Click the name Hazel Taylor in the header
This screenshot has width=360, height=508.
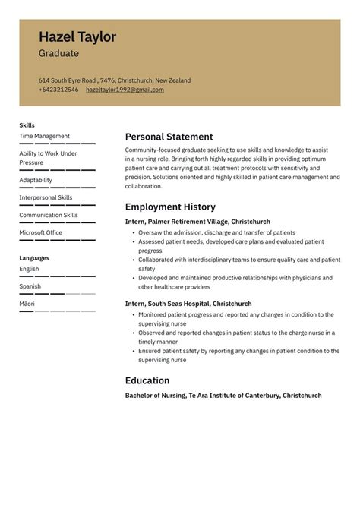click(77, 37)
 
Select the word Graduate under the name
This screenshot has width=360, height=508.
click(58, 54)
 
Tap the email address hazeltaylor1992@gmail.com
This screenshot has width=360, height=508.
click(125, 90)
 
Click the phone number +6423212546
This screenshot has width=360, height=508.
click(58, 90)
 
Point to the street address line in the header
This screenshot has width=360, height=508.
click(115, 80)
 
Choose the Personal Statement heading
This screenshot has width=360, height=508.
click(169, 137)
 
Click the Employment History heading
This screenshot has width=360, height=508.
click(170, 207)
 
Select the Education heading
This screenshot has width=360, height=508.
click(147, 380)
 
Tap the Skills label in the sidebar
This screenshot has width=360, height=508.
click(27, 125)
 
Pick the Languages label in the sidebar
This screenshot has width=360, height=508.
click(34, 258)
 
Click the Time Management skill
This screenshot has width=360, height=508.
click(44, 136)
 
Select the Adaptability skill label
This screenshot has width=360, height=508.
click(36, 180)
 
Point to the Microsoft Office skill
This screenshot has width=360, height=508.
click(40, 232)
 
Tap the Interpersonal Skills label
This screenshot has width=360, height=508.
click(46, 197)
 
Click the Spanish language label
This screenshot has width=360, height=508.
click(30, 286)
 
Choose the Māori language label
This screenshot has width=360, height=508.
click(27, 304)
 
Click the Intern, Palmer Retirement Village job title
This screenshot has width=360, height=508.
click(197, 221)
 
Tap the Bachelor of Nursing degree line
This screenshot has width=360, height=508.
click(223, 396)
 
